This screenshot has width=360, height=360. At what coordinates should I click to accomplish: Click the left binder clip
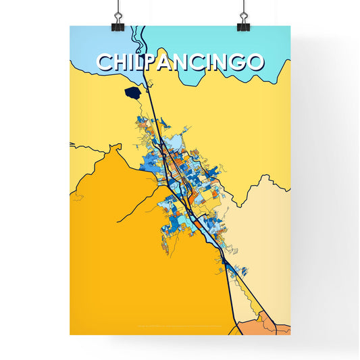pyautogui.click(x=118, y=20)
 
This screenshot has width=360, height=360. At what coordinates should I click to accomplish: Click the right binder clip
pyautogui.click(x=243, y=20)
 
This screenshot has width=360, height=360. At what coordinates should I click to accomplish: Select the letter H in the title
pyautogui.click(x=120, y=62)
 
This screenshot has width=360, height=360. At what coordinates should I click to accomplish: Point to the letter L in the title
pyautogui.click(x=140, y=62)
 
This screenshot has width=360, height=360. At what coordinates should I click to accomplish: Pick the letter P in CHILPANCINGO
pyautogui.click(x=153, y=62)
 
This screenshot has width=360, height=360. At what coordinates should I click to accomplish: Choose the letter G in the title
pyautogui.click(x=238, y=62)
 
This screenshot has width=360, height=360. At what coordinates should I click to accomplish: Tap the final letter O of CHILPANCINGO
pyautogui.click(x=254, y=62)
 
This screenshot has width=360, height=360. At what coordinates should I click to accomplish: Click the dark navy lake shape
pyautogui.click(x=133, y=92)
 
